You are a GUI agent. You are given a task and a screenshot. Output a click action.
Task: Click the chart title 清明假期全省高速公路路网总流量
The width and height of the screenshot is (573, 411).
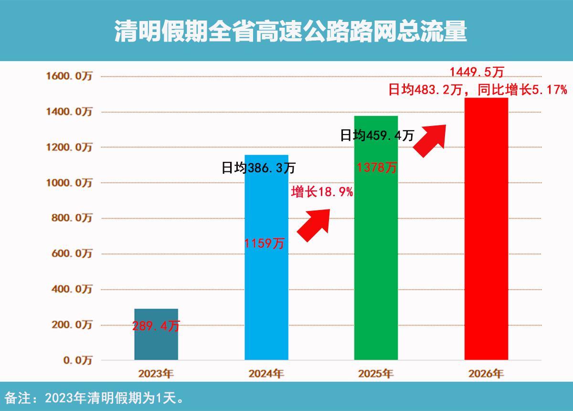click(x=290, y=32)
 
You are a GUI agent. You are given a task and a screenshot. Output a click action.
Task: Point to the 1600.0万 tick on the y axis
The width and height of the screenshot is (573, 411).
click(x=69, y=76)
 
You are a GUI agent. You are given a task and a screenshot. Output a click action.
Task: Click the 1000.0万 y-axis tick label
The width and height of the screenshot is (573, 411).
click(x=69, y=183)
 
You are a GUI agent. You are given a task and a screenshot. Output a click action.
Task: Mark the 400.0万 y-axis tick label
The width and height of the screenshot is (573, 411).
click(x=71, y=289)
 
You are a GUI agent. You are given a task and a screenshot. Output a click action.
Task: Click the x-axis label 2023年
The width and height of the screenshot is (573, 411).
click(x=156, y=374)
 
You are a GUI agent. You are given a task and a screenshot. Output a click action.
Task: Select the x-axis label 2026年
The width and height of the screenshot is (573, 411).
click(x=486, y=374)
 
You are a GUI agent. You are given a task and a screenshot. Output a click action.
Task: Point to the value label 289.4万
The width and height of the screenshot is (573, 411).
click(x=156, y=327)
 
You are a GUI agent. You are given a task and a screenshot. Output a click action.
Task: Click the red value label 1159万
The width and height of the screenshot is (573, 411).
click(x=264, y=243)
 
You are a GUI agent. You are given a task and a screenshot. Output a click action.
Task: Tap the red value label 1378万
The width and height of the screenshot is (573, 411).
click(x=377, y=168)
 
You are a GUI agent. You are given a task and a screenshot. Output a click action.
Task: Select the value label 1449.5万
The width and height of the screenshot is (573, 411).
click(x=477, y=72)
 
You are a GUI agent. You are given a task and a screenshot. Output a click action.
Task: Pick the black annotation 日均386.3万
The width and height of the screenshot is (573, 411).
click(x=258, y=168)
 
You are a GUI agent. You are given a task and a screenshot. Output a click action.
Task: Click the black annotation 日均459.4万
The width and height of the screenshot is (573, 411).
click(x=377, y=136)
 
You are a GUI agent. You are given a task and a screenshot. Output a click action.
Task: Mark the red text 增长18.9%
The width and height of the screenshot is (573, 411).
click(x=322, y=192)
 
